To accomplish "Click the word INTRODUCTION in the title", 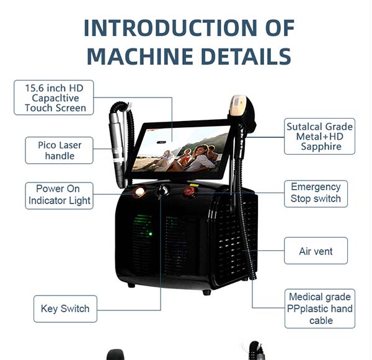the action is click(170, 28).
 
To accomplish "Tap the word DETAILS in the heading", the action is click(246, 56).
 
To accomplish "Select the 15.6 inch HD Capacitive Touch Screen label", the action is click(53, 97).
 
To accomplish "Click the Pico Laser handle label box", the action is click(59, 150).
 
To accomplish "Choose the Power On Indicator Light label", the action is click(59, 196).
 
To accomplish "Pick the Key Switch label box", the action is click(65, 308).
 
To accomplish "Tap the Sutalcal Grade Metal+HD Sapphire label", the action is click(319, 137).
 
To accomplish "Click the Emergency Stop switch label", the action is click(316, 194).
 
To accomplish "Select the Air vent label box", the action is click(316, 251).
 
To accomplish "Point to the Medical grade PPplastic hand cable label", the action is click(320, 308).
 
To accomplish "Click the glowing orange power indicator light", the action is click(139, 191).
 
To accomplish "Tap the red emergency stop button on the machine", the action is click(188, 191).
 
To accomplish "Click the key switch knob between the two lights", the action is click(163, 190).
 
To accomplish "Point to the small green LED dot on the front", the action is click(151, 234).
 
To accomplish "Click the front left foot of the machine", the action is click(131, 285).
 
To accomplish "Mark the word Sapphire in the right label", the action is click(321, 146).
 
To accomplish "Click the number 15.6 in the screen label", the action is click(35, 88).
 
